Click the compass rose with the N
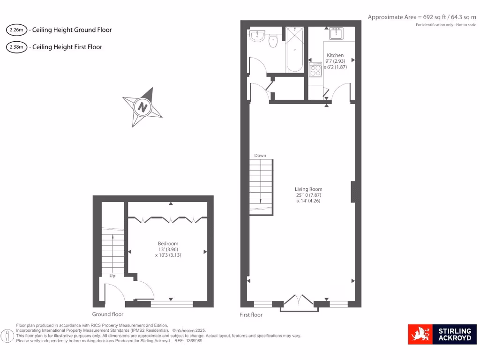[x=142, y=107]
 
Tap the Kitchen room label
[x=335, y=55]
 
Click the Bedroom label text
[x=168, y=244]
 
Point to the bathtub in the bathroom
[x=295, y=50]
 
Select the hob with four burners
[x=315, y=70]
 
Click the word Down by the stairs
[x=260, y=156]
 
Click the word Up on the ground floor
[x=112, y=276]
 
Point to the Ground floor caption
[x=108, y=315]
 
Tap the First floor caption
[x=251, y=315]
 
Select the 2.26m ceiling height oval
[x=16, y=30]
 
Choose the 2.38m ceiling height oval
[x=16, y=47]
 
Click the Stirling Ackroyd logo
[x=442, y=334]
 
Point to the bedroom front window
[x=172, y=304]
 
